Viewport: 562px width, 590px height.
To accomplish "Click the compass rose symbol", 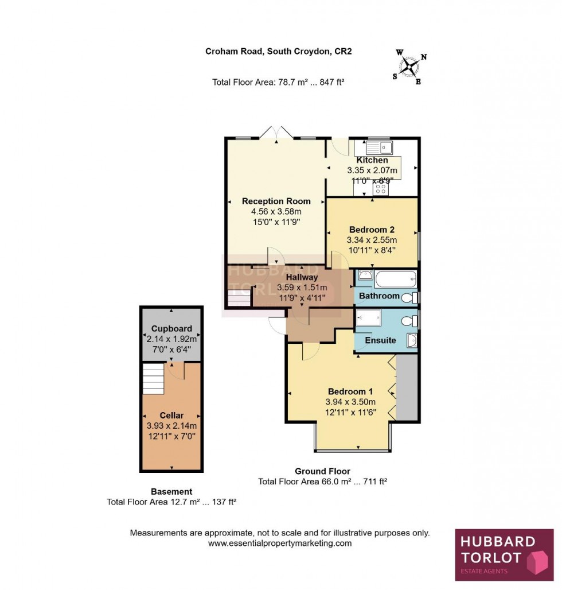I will pos(410,67).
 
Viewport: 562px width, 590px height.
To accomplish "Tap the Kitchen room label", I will pos(372,160).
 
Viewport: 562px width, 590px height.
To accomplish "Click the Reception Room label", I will pos(276,201).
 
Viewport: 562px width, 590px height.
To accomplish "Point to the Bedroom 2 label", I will pos(372,230).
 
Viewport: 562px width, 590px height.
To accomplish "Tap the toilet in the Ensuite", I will pos(409,320).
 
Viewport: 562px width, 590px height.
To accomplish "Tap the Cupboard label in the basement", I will pos(171,329).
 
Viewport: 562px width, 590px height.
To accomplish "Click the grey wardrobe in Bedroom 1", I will pos(407,387).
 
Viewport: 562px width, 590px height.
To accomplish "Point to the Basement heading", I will pos(171,491).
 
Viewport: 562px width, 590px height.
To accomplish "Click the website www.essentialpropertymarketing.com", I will pos(280,543).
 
